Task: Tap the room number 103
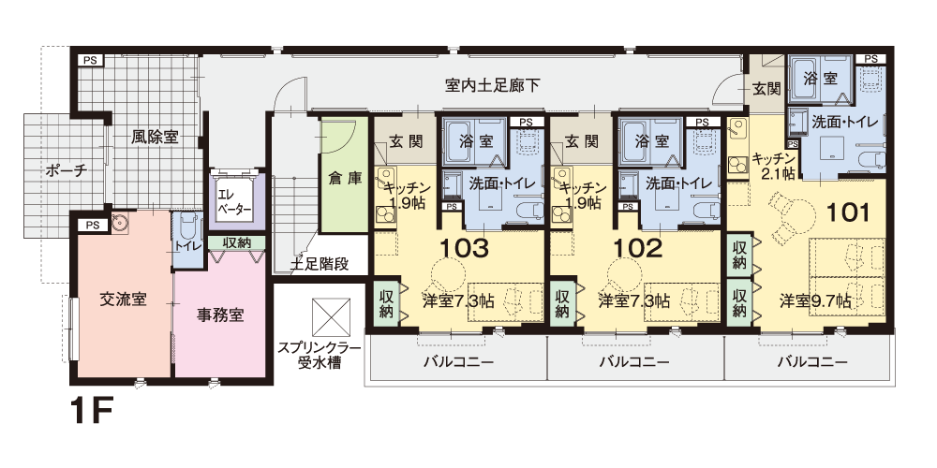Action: pyautogui.click(x=465, y=248)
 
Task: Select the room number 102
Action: pyautogui.click(x=638, y=248)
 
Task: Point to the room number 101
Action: pyautogui.click(x=847, y=212)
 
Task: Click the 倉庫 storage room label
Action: pyautogui.click(x=346, y=179)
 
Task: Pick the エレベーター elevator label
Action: pyautogui.click(x=233, y=202)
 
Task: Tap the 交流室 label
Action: pyautogui.click(x=123, y=300)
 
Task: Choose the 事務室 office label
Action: pyautogui.click(x=220, y=314)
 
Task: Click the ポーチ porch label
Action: pyautogui.click(x=67, y=170)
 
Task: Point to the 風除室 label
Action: pyautogui.click(x=155, y=137)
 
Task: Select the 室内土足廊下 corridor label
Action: pyautogui.click(x=493, y=85)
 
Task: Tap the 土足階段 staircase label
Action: pyautogui.click(x=320, y=264)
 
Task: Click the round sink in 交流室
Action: pyautogui.click(x=119, y=224)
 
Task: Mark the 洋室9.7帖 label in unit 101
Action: pyautogui.click(x=815, y=300)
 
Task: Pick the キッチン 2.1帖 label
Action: pyautogui.click(x=774, y=166)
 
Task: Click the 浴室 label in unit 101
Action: pyautogui.click(x=820, y=79)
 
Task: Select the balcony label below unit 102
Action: pyautogui.click(x=634, y=361)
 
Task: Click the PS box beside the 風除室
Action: pyautogui.click(x=91, y=60)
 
